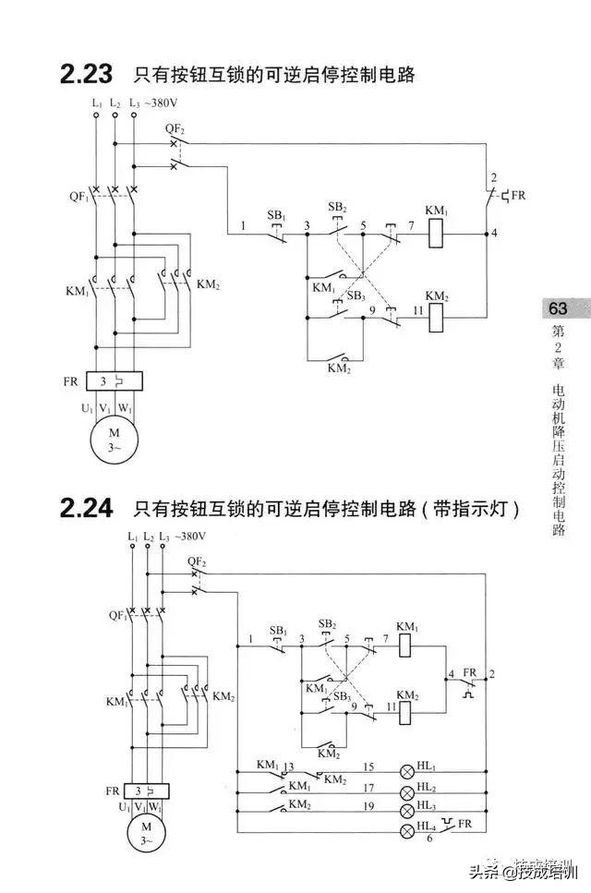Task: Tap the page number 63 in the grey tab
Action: pos(559,308)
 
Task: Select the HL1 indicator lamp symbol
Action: pos(406,771)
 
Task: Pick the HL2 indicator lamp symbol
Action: pos(406,792)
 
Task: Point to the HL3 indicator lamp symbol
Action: pos(406,811)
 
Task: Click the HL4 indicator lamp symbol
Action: pos(406,831)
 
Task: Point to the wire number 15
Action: pos(368,766)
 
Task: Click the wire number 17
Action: pos(368,788)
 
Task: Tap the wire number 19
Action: pos(368,807)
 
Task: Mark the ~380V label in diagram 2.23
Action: pos(166,103)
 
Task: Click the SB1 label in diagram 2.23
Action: pos(276,215)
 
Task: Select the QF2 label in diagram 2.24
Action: pos(196,561)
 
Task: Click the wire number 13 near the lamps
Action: pos(289,766)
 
